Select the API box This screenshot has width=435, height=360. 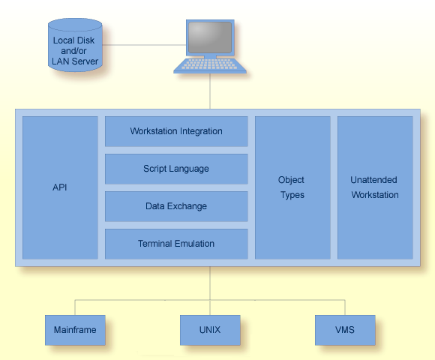pos(60,187)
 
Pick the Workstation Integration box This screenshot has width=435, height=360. pos(176,131)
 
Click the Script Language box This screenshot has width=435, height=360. pos(176,169)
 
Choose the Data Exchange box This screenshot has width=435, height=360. pos(176,206)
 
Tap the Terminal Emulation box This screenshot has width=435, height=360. pos(176,244)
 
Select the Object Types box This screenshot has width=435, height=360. pos(292,187)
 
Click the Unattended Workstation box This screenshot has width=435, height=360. pos(374,187)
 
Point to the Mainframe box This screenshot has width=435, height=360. pos(75,330)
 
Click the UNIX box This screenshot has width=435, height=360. pos(210,330)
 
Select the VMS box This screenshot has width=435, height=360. pos(345,330)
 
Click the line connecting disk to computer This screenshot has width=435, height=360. pos(142,45)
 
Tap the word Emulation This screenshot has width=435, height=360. pos(194,244)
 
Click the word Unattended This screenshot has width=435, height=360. pos(374,180)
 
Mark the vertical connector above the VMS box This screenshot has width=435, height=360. pos(345,307)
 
